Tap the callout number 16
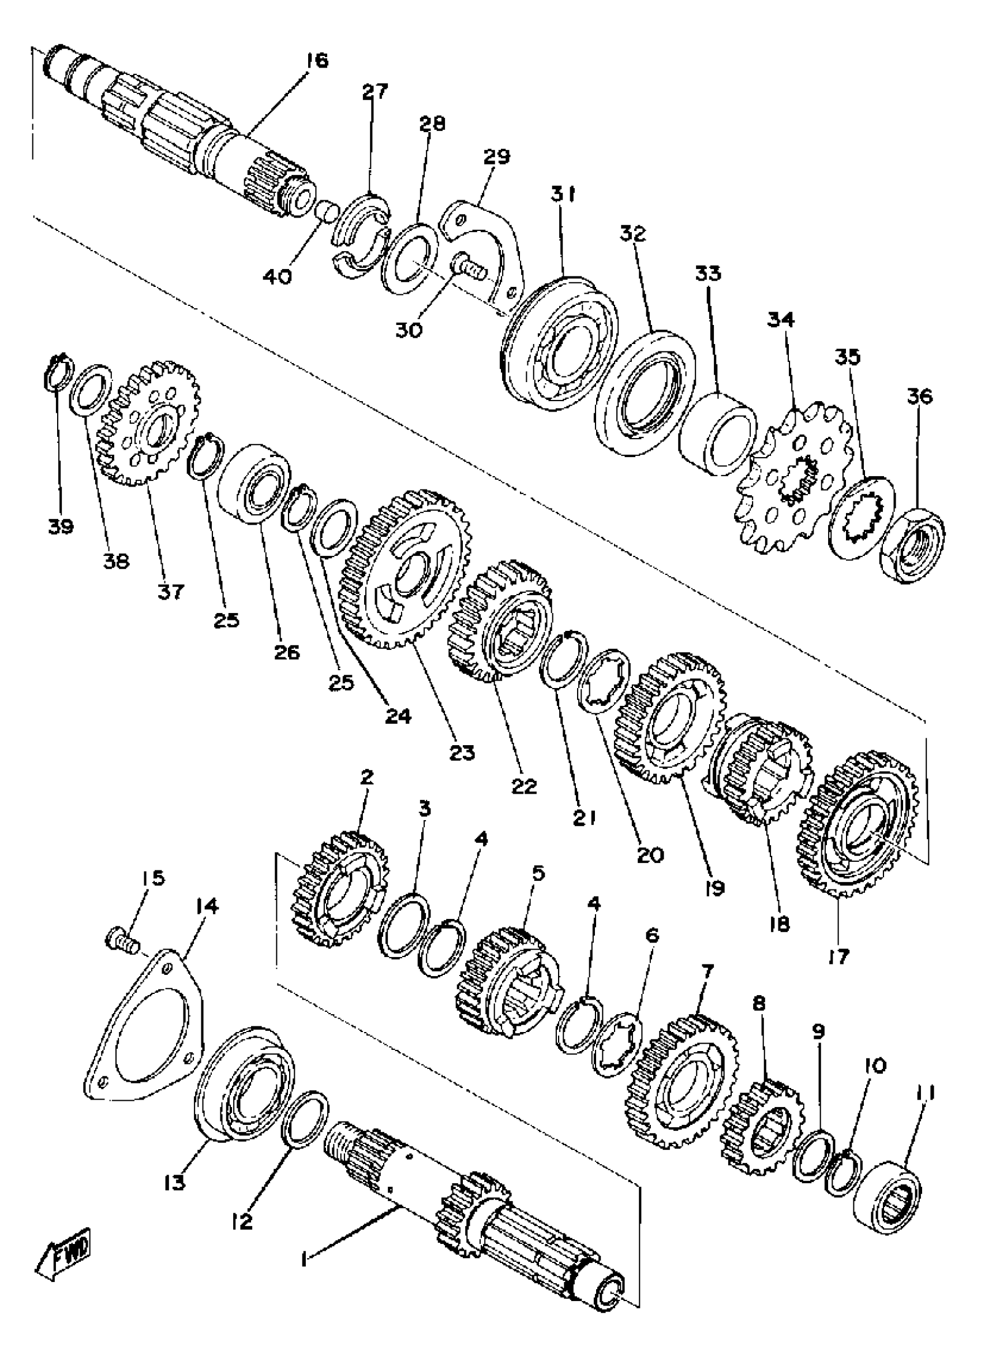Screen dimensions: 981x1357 [x=316, y=61]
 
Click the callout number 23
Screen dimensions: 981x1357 [x=463, y=752]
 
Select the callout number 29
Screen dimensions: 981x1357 [x=496, y=158]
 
